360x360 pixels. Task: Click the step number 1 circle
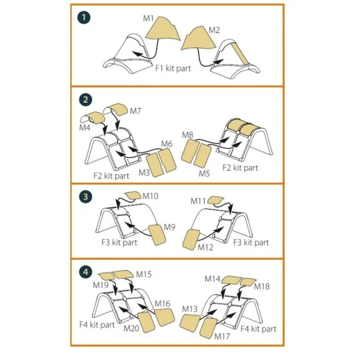84,17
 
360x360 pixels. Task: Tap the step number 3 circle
85,197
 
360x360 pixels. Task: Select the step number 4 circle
85,272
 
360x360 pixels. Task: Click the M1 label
148,19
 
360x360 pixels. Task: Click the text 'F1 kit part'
173,68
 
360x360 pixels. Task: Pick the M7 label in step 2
135,111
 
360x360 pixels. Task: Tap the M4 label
85,127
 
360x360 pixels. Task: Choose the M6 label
167,144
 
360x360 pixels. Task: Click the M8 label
187,135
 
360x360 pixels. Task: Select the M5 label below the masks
205,173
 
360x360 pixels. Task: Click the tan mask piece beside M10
133,195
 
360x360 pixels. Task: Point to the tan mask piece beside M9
157,235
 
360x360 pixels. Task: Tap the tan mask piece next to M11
215,200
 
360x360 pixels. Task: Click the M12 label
205,247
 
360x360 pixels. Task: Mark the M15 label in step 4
144,274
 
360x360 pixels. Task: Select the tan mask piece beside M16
165,317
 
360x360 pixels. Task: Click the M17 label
222,337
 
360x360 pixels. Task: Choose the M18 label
262,286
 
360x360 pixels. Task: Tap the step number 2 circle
85,99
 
